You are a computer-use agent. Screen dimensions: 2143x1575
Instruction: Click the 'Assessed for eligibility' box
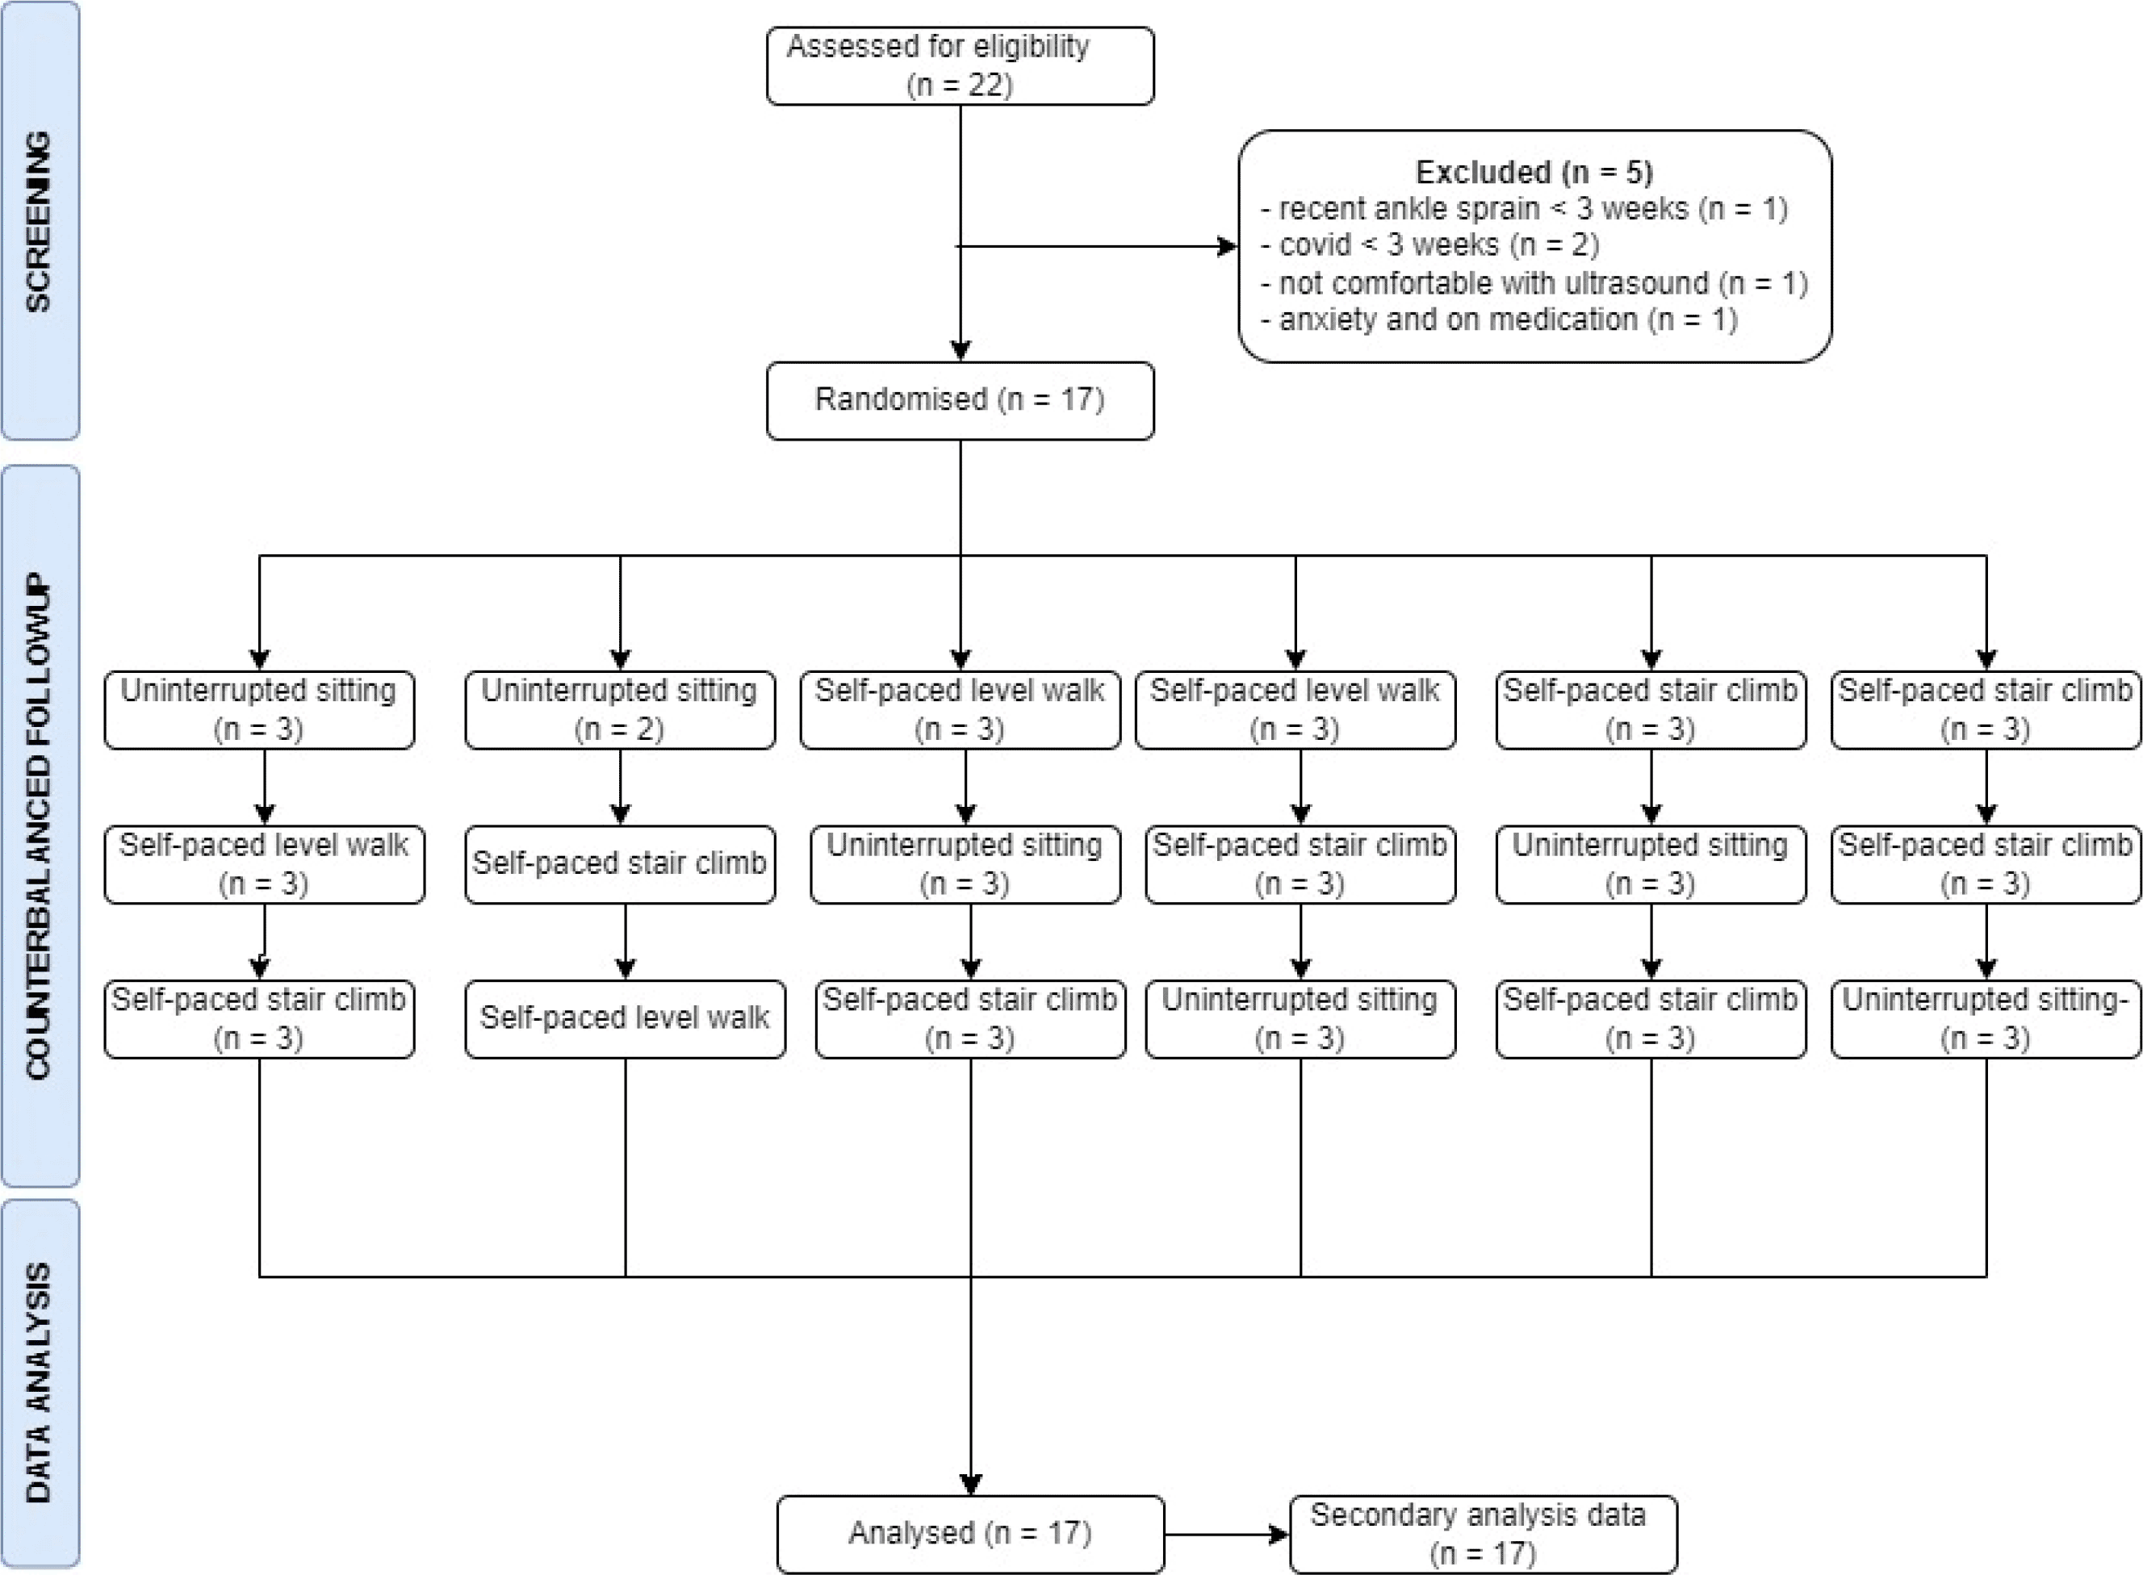[x=960, y=66]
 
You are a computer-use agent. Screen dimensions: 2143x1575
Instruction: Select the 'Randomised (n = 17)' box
[x=960, y=400]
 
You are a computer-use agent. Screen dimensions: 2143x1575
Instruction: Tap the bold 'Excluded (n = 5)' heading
[x=1534, y=173]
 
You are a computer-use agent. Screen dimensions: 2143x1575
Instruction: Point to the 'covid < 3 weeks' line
[x=1429, y=245]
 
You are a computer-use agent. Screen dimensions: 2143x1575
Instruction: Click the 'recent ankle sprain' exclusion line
[x=1524, y=209]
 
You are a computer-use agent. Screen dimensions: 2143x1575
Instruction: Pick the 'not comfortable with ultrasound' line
[x=1534, y=283]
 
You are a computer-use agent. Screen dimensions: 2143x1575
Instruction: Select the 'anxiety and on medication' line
[x=1499, y=320]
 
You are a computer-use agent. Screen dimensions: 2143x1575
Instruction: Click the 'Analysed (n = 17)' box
[x=970, y=1533]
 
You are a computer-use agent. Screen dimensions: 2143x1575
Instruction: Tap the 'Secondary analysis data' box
[x=1483, y=1533]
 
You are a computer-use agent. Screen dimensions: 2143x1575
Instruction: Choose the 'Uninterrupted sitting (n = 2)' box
[x=620, y=710]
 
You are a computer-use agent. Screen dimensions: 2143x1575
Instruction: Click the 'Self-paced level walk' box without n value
[x=625, y=1019]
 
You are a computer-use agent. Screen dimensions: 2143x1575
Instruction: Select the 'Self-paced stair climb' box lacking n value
[x=620, y=865]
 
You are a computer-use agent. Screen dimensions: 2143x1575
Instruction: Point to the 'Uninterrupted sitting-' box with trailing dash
[x=1986, y=1019]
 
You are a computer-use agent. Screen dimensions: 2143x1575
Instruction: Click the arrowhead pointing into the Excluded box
[x=1228, y=247]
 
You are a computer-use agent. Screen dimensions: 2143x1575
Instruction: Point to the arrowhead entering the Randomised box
[x=961, y=352]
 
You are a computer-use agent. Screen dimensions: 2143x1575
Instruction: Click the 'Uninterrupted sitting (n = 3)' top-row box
[x=259, y=710]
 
